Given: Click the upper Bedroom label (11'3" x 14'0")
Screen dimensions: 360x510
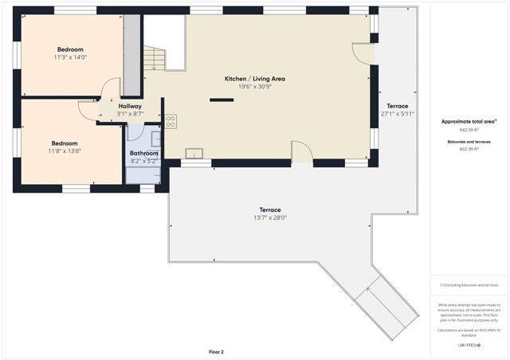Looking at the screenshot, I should coord(69,49).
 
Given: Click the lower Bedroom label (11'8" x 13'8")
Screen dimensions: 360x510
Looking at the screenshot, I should coord(64,143).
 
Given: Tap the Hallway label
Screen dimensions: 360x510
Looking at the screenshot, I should coord(130,106).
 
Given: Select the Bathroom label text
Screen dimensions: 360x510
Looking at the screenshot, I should coord(144,153).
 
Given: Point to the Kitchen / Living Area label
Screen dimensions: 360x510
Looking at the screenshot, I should coord(254,79).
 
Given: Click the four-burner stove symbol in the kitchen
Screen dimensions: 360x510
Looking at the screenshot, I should coord(171,121).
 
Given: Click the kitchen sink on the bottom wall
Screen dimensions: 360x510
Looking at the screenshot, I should coord(194,153).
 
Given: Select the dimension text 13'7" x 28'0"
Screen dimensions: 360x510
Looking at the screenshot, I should coord(269,217).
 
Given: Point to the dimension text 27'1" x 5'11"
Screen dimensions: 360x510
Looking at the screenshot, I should coord(397,114).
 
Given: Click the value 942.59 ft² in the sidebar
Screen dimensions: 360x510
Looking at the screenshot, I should coord(469,129).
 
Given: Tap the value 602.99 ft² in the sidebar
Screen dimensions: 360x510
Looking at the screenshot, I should coord(469,148).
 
